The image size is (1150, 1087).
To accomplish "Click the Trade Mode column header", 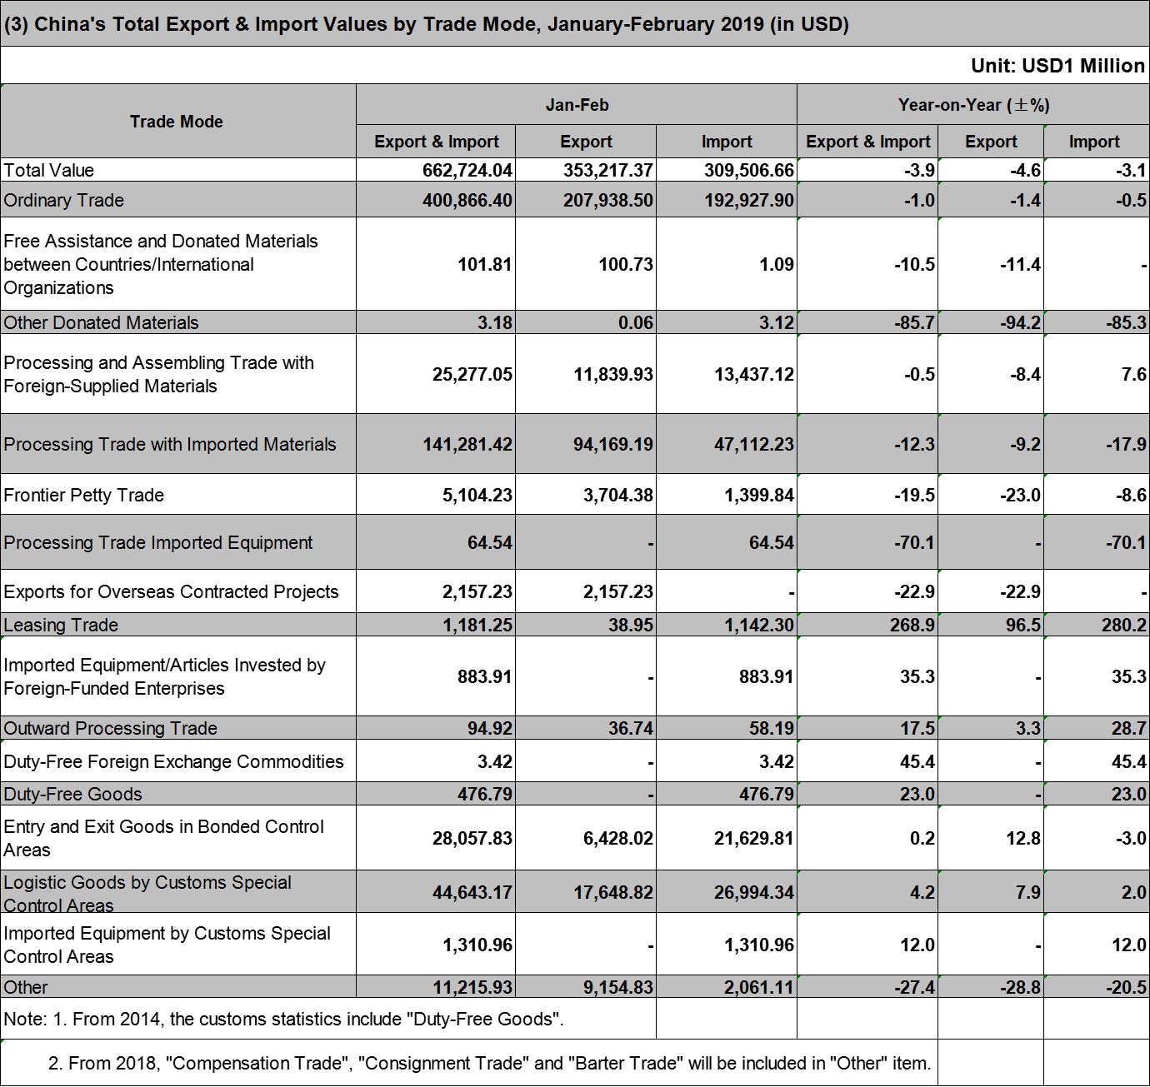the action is tap(176, 122).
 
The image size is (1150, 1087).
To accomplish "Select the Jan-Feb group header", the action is tap(577, 105).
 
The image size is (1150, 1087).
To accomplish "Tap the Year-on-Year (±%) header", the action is tap(974, 105).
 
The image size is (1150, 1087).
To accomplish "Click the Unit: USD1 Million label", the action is tap(1057, 66).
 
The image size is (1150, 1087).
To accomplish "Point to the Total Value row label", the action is tap(48, 170).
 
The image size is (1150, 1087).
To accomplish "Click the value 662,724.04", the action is tap(467, 170).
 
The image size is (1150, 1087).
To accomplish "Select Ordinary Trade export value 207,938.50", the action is tap(607, 200).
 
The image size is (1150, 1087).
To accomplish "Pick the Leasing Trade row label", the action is tap(61, 625).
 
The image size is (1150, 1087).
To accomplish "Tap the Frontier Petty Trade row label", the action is tap(83, 496).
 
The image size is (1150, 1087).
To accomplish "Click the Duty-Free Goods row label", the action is tap(72, 794).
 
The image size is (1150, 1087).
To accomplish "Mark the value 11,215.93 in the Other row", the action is tap(472, 987).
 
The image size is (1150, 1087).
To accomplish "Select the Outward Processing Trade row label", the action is tap(110, 728).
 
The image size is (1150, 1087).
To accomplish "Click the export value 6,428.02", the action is tap(618, 839).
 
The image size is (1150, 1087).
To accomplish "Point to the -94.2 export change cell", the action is tap(1020, 322).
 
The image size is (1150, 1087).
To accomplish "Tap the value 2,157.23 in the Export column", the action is tap(618, 591).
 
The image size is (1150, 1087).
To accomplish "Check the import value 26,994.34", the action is tap(754, 892).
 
